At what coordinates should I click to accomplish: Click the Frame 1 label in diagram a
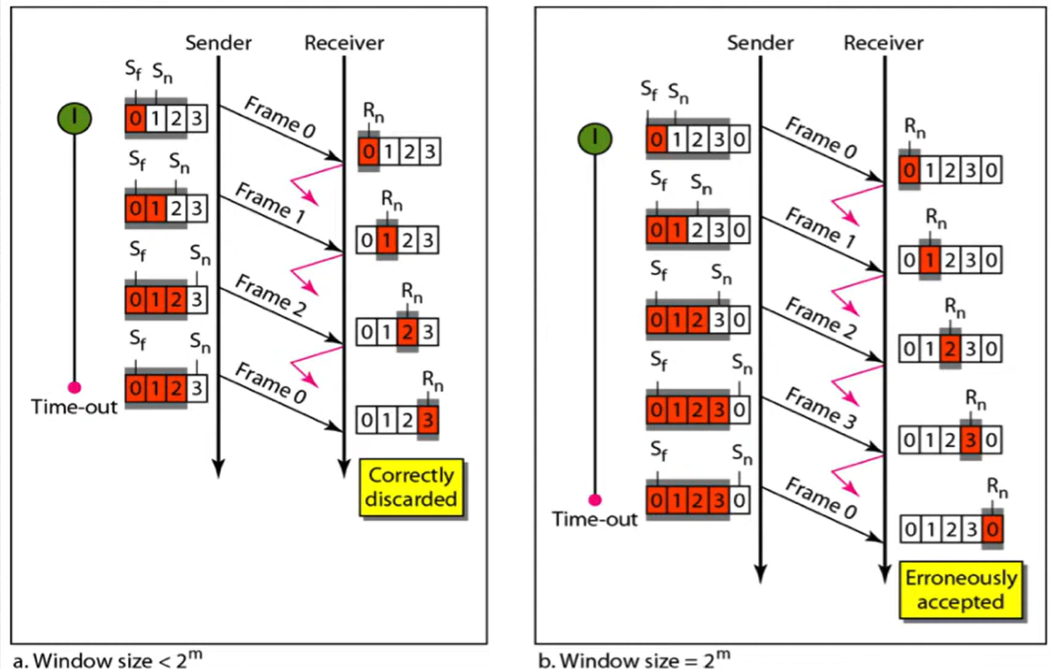pos(269,205)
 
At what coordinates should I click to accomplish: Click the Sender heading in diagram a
pos(218,42)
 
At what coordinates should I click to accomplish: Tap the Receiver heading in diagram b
pos(883,42)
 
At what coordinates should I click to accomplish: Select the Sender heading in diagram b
pos(760,42)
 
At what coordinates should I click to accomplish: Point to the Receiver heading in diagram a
pos(343,42)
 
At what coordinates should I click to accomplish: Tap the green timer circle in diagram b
pos(596,138)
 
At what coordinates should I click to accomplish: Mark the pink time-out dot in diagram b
pos(596,500)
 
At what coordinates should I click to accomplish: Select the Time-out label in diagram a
pos(74,408)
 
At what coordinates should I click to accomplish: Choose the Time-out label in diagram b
pos(594,520)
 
